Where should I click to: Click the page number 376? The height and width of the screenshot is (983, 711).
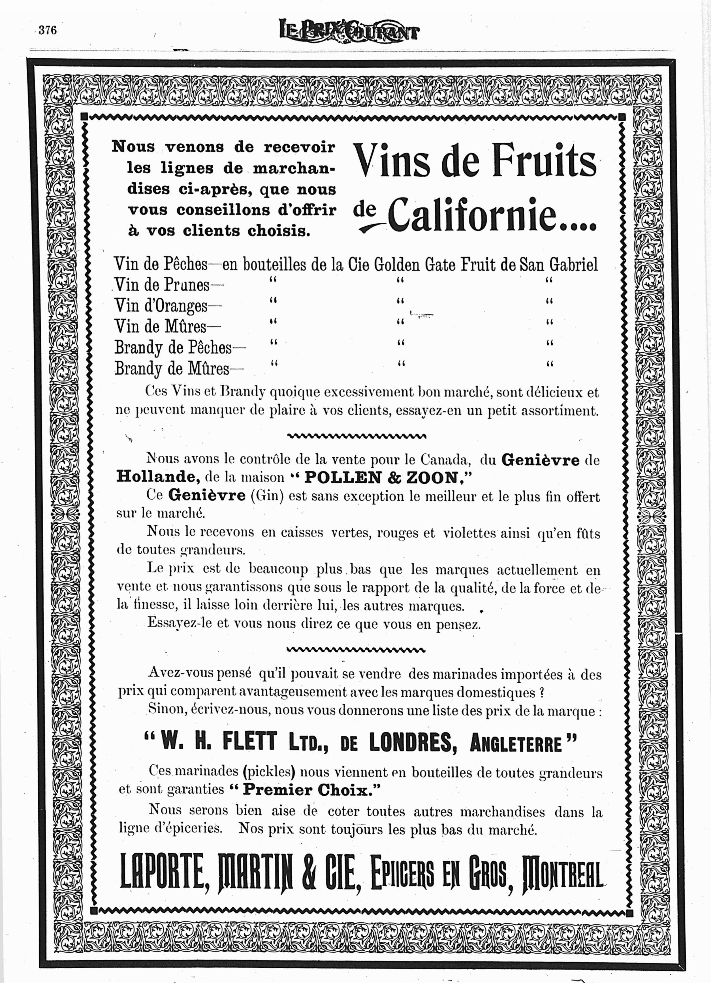coord(48,30)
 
